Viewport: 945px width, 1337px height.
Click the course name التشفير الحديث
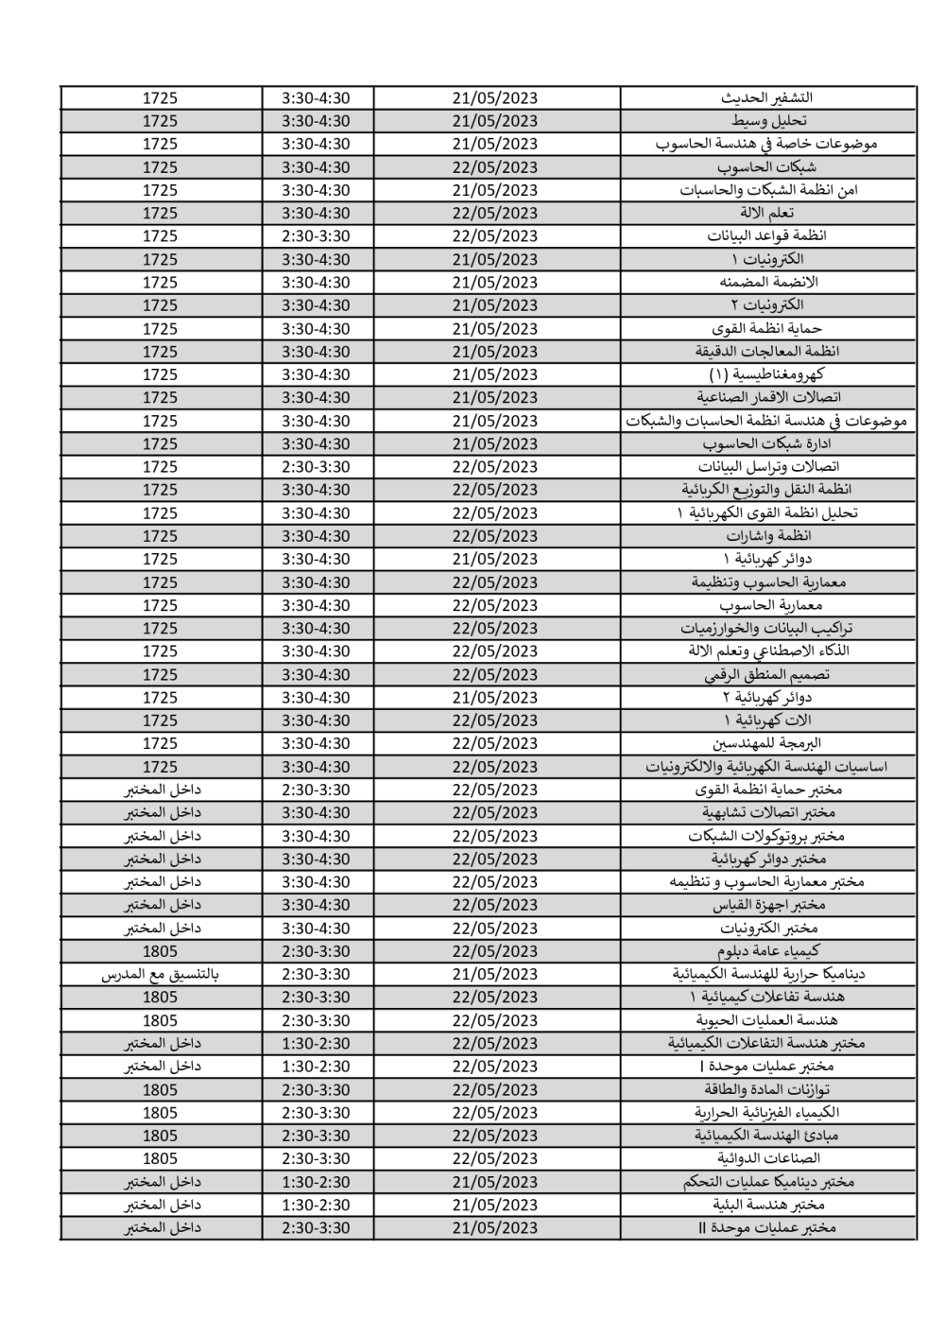click(766, 97)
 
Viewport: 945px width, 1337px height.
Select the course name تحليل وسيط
click(768, 121)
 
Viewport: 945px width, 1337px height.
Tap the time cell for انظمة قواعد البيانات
click(316, 236)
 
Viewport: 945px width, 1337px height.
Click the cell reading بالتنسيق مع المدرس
click(160, 974)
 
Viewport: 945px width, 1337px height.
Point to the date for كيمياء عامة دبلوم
click(494, 951)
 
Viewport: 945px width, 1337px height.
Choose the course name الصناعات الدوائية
click(768, 1158)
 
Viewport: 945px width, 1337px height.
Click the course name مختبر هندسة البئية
click(768, 1205)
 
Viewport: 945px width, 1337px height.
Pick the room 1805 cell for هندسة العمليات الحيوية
click(160, 1020)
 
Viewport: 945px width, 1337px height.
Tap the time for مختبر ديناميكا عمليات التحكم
click(316, 1182)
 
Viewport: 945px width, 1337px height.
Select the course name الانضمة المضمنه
click(768, 282)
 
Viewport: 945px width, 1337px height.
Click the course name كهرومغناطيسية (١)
click(768, 374)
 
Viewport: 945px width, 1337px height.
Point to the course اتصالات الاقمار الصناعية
click(768, 397)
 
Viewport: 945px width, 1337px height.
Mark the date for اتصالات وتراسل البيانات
click(494, 466)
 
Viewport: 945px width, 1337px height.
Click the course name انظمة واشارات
click(768, 536)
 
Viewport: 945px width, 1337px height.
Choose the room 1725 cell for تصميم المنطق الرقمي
click(160, 674)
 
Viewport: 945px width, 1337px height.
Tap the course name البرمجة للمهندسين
click(768, 743)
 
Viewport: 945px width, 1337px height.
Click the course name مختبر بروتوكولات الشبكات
click(766, 836)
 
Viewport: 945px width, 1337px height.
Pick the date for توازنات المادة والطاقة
click(494, 1089)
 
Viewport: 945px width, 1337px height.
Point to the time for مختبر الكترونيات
click(316, 929)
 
